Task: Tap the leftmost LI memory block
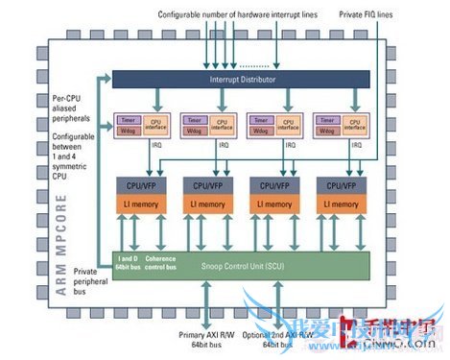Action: (x=140, y=204)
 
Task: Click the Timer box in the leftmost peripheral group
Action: (x=129, y=119)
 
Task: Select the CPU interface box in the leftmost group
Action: (x=153, y=125)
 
